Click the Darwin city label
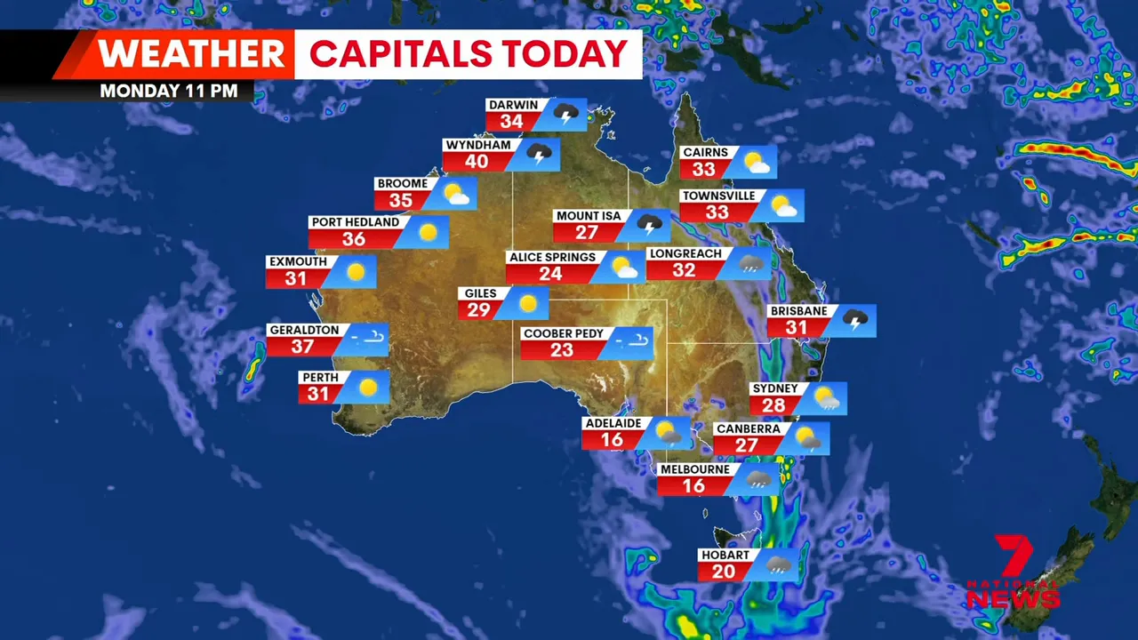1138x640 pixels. click(x=514, y=105)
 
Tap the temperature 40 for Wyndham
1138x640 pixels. click(x=477, y=162)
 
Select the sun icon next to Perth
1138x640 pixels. click(x=367, y=388)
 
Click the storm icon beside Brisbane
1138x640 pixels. click(x=854, y=320)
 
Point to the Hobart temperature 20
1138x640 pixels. click(x=723, y=572)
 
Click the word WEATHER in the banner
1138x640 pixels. click(x=192, y=54)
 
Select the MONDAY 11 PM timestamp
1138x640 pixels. click(x=168, y=91)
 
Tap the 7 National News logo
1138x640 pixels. click(x=1014, y=572)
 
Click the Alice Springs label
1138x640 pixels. click(x=552, y=258)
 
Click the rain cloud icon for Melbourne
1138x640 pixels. click(x=758, y=479)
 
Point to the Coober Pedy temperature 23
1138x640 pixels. click(x=561, y=349)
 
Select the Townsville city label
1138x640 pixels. click(x=718, y=196)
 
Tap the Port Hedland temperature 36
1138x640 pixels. click(x=354, y=239)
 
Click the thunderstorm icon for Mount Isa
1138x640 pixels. click(x=649, y=225)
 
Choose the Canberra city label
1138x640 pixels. click(x=749, y=428)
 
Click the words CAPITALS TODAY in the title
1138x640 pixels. click(x=469, y=54)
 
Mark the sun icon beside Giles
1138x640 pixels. click(x=528, y=303)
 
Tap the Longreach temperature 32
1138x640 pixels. click(x=683, y=270)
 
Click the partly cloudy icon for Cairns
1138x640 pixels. click(x=757, y=162)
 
